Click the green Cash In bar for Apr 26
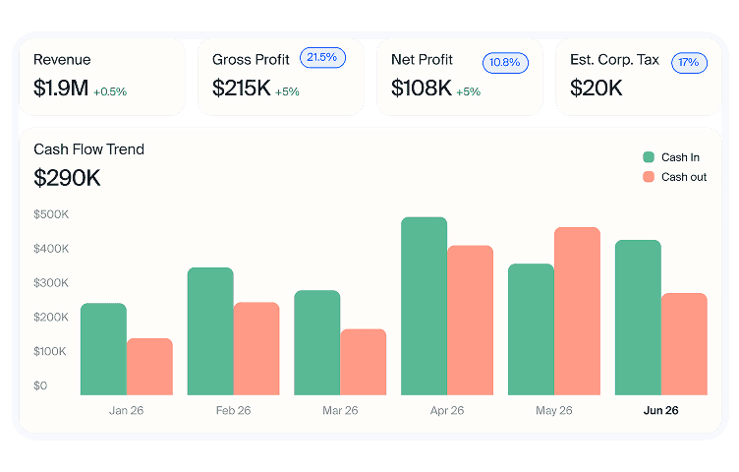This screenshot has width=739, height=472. pyautogui.click(x=424, y=306)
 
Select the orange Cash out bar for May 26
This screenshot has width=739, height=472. pyautogui.click(x=578, y=311)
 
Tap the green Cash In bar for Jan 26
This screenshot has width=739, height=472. pyautogui.click(x=104, y=349)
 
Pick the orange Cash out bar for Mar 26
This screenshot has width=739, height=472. pyautogui.click(x=364, y=362)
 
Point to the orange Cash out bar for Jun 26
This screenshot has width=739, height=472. pyautogui.click(x=684, y=344)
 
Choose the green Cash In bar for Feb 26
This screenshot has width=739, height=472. pyautogui.click(x=210, y=331)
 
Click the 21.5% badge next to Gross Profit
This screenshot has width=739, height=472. pyautogui.click(x=322, y=58)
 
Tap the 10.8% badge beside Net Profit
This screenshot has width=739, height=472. pyautogui.click(x=505, y=63)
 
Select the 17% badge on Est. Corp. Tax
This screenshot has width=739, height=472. pyautogui.click(x=689, y=63)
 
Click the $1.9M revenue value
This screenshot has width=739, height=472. pyautogui.click(x=61, y=88)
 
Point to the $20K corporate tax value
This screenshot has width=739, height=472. pyautogui.click(x=597, y=88)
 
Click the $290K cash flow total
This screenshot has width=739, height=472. pyautogui.click(x=67, y=178)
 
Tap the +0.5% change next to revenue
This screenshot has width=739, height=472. pyautogui.click(x=110, y=92)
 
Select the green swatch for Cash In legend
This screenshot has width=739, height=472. pyautogui.click(x=649, y=157)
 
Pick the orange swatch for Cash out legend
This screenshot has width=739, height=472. pyautogui.click(x=649, y=177)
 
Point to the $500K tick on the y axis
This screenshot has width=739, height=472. pyautogui.click(x=51, y=214)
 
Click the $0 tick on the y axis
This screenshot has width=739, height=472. pyautogui.click(x=40, y=385)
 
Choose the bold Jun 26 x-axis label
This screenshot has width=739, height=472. pyautogui.click(x=660, y=411)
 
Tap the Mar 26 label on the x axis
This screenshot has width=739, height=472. pyautogui.click(x=340, y=411)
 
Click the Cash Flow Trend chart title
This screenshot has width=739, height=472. pyautogui.click(x=88, y=149)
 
